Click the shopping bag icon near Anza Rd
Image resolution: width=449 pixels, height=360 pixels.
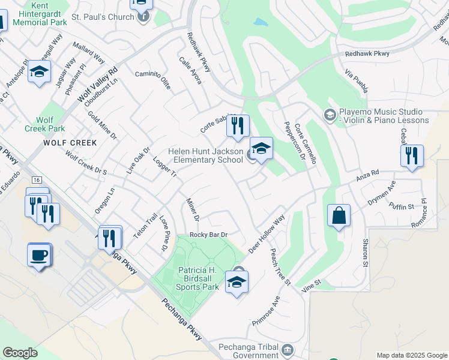coord(339,216)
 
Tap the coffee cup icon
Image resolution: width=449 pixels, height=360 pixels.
coord(40,254)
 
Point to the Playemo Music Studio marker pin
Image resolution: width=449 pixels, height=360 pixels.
coord(330,114)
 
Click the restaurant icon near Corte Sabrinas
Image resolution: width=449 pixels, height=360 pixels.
coord(238,125)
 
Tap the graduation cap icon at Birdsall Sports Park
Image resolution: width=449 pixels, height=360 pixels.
coord(237,282)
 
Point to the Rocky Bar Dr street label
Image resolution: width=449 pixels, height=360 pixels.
coord(209,235)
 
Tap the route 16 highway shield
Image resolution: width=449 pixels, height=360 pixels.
coord(37,180)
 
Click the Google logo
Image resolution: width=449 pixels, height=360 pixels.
coord(20,353)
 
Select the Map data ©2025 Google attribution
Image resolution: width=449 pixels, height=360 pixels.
coord(411,355)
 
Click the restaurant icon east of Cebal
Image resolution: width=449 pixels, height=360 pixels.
coord(412,155)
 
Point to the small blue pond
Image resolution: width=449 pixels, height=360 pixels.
coord(260,22)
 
